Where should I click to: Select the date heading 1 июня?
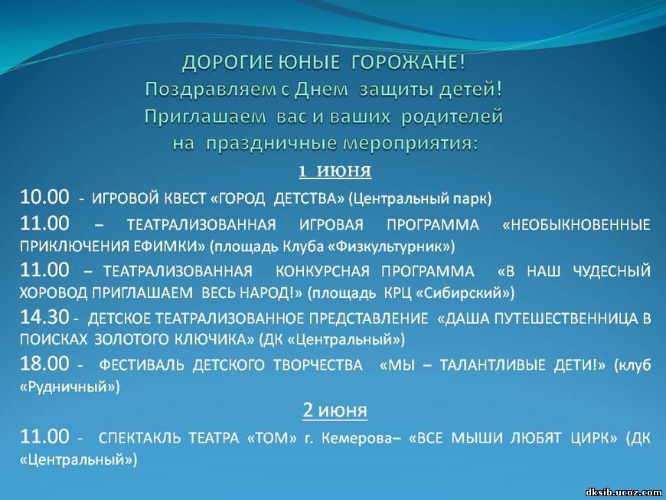tap(335, 172)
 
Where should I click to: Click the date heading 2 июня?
tap(335, 410)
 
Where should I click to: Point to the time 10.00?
tap(44, 197)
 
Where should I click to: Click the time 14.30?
tap(44, 317)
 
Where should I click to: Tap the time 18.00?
tap(44, 364)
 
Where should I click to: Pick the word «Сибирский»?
tap(465, 293)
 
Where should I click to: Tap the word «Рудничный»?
tap(70, 387)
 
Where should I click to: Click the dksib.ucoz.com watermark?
tap(624, 492)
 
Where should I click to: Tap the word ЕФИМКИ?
tap(169, 247)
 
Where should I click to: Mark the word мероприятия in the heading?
tap(410, 144)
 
